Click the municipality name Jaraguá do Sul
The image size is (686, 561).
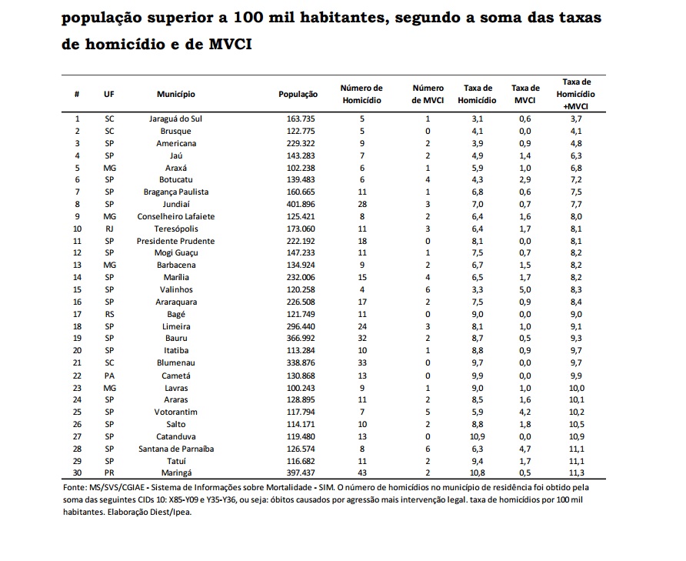[175, 119]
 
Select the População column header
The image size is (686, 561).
[298, 94]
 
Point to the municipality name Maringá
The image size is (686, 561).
[175, 473]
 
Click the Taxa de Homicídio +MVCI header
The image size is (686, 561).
[576, 94]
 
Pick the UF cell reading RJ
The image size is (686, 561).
[109, 229]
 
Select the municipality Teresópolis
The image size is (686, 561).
[175, 229]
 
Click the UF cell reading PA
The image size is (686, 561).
[109, 376]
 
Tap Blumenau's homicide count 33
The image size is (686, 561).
[361, 363]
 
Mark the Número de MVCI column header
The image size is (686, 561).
[428, 94]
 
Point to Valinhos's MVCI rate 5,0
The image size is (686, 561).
[525, 289]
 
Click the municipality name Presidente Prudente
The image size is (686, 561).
[175, 241]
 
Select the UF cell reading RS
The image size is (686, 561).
[109, 314]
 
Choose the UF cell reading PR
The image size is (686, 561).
[109, 473]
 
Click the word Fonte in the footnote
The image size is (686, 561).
[75, 488]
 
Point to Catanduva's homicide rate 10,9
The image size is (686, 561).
[477, 436]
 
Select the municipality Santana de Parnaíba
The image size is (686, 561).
[175, 449]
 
